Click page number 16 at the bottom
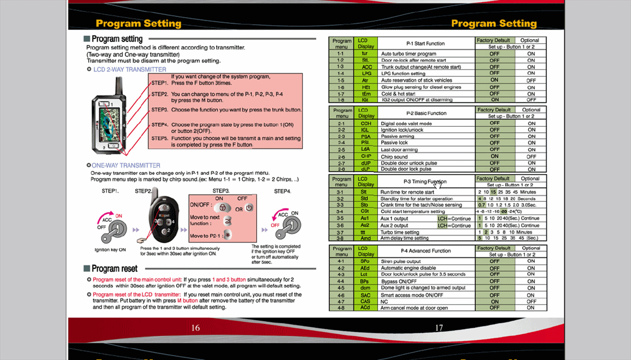196,328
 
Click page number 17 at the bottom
439,328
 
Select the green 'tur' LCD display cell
365,53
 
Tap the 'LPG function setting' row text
403,73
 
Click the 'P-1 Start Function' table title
425,43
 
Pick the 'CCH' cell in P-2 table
365,123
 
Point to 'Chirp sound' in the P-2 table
394,156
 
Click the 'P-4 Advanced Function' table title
425,251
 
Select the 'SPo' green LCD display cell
365,261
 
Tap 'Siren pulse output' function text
400,261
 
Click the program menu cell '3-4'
340,212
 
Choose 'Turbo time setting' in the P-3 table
399,232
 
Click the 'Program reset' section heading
114,269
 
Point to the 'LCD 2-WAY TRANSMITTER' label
130,70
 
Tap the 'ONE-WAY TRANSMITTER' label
126,166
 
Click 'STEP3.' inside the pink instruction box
160,109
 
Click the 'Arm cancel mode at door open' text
414,308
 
